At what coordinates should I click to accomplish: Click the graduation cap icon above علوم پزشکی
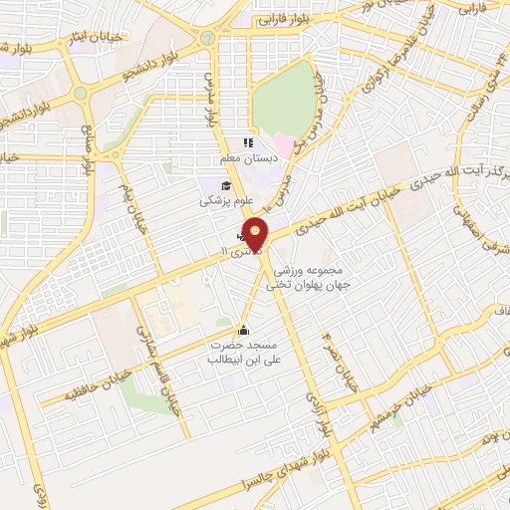pos(226,186)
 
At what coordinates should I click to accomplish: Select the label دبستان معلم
pos(245,158)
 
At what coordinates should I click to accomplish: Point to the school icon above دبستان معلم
pos(247,143)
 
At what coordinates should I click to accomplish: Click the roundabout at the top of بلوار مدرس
pos(208,39)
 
